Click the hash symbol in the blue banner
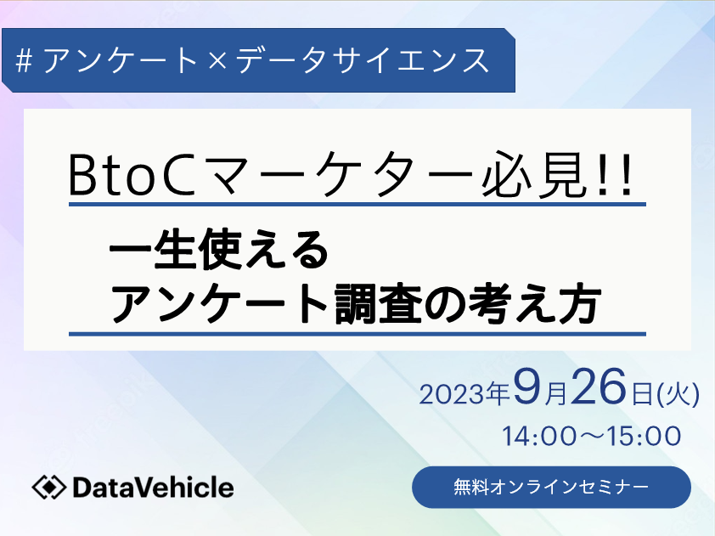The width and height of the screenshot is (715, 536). tap(24, 61)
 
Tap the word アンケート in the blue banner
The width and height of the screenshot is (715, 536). tap(120, 60)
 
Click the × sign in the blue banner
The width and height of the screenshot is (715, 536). tap(217, 61)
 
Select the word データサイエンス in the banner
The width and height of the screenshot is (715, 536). tap(363, 60)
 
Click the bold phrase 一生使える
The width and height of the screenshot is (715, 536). tap(219, 249)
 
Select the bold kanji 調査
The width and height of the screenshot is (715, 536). tap(378, 303)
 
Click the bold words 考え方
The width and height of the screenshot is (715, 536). tap(533, 303)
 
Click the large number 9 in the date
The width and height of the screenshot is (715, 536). tap(527, 386)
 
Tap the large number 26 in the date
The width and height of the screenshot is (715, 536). tap(599, 386)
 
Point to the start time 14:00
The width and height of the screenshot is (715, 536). tap(539, 436)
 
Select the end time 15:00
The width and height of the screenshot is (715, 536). tap(645, 436)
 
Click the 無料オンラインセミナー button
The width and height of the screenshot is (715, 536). tap(551, 488)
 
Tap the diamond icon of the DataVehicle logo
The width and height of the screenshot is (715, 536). tap(48, 488)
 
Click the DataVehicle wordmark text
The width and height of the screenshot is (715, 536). tap(153, 488)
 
